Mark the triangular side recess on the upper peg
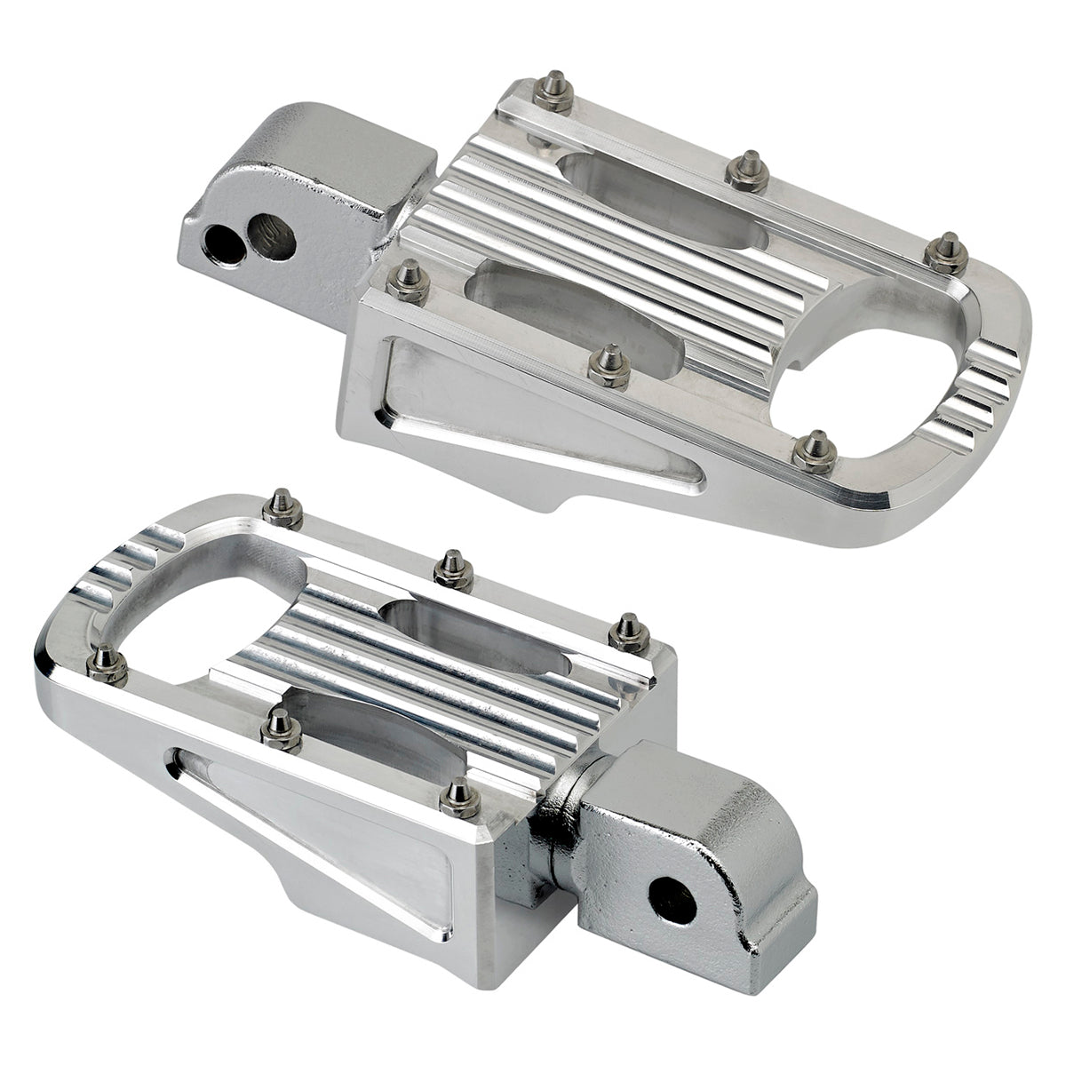coord(497,418)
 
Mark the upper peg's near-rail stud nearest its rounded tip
coord(814,450)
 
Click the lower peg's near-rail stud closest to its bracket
coord(460,797)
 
